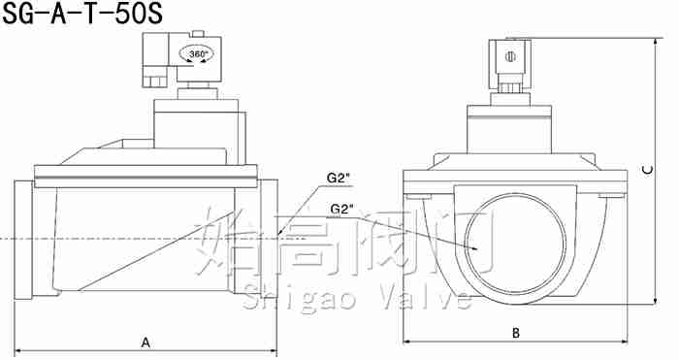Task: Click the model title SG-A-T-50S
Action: pyautogui.click(x=82, y=14)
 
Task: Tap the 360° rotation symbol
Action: pyautogui.click(x=199, y=54)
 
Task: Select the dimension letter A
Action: pyautogui.click(x=145, y=343)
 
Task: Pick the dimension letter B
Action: pyautogui.click(x=515, y=333)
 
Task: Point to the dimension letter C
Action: pyautogui.click(x=647, y=170)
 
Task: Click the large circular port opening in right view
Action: pyautogui.click(x=515, y=244)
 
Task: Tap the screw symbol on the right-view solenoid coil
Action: pyautogui.click(x=511, y=56)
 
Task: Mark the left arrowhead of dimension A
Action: pyautogui.click(x=18, y=350)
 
